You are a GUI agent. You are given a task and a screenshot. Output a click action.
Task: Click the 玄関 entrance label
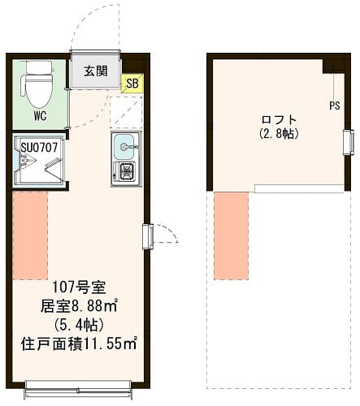pyautogui.click(x=94, y=71)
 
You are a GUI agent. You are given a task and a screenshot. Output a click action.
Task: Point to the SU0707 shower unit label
pyautogui.click(x=33, y=147)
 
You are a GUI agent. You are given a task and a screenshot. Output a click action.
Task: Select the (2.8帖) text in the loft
pyautogui.click(x=279, y=132)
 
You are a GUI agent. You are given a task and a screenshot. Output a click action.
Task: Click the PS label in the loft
pyautogui.click(x=334, y=105)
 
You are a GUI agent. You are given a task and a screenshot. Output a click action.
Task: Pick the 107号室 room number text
pyautogui.click(x=80, y=288)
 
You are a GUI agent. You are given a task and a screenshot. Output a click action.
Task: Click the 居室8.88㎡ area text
pyautogui.click(x=80, y=306)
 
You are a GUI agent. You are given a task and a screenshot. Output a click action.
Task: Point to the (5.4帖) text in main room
pyautogui.click(x=80, y=324)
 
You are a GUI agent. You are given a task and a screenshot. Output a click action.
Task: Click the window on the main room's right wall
pyautogui.click(x=147, y=235)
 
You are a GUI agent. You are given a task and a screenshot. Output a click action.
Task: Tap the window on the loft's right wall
pyautogui.click(x=348, y=141)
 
